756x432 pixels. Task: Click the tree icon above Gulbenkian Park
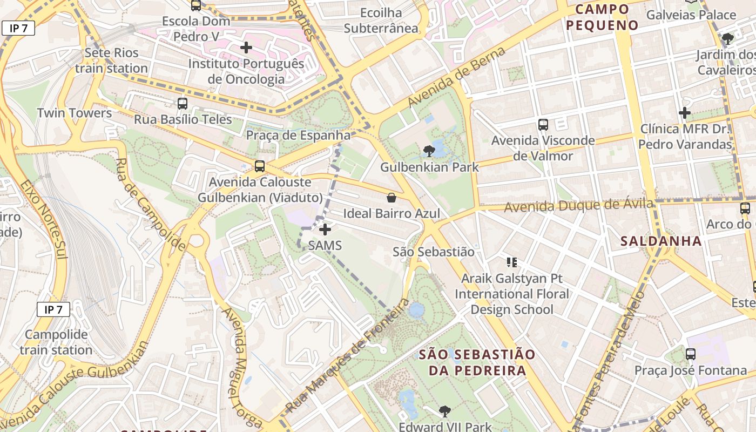429,151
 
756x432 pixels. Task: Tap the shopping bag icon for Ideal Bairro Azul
391,198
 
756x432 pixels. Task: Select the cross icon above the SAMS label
325,230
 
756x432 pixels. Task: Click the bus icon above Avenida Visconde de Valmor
543,125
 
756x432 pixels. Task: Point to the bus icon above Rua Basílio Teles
183,104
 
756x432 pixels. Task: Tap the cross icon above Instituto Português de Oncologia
246,48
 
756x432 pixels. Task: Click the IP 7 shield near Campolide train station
53,309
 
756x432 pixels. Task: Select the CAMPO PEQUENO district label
602,17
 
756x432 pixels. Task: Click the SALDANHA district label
661,241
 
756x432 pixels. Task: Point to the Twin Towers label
75,113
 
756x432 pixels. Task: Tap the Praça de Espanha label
298,135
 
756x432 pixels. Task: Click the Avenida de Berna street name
456,77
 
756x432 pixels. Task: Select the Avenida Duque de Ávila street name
578,206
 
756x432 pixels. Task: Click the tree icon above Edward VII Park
444,411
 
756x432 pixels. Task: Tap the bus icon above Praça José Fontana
691,354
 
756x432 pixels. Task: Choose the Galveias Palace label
691,15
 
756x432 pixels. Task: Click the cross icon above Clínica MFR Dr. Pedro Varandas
685,113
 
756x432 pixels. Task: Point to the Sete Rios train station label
111,60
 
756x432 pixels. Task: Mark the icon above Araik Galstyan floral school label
512,263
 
